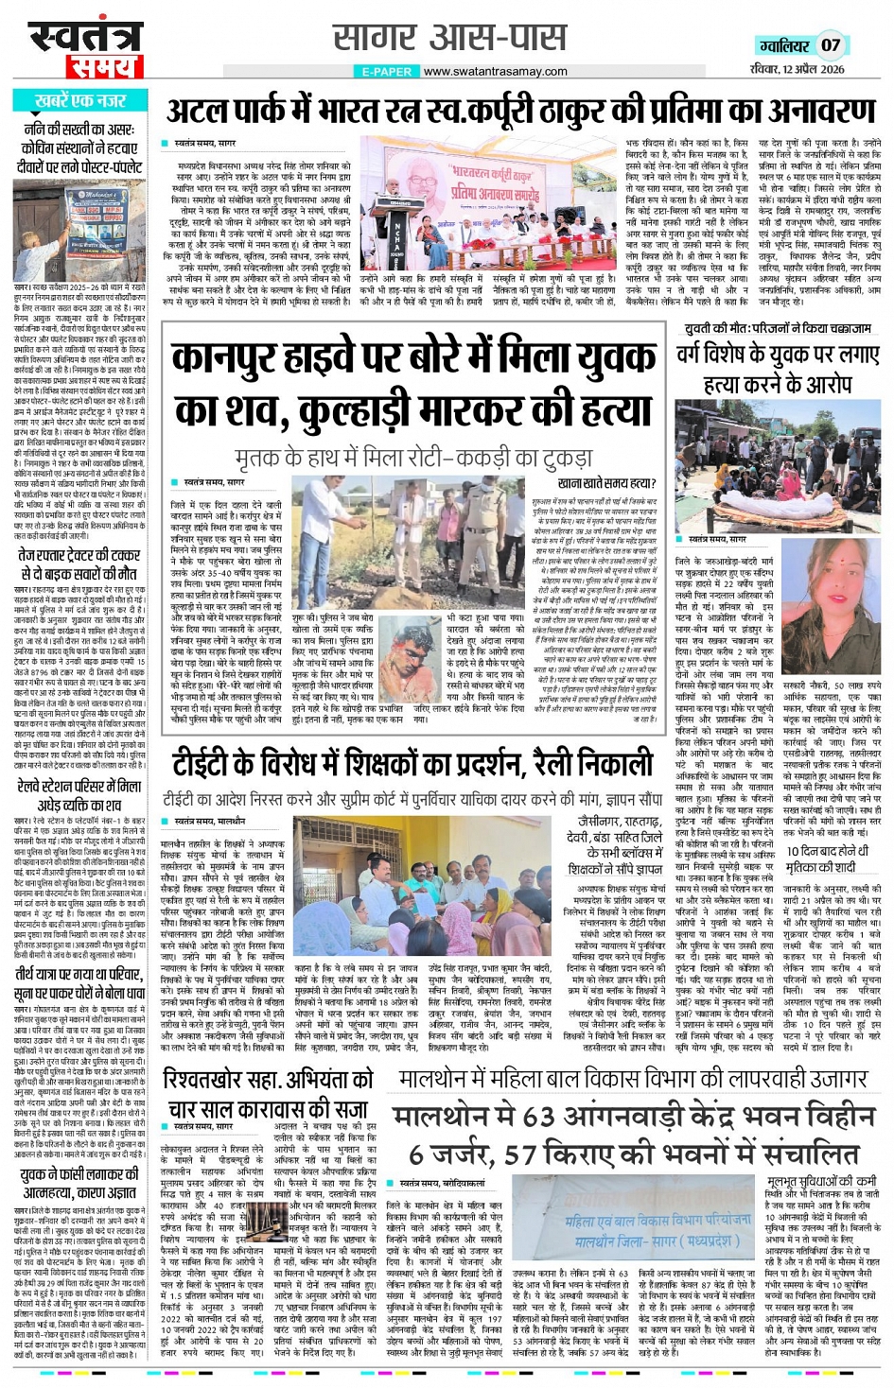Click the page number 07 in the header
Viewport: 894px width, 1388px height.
tap(831, 44)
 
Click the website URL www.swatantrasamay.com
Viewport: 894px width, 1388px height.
tap(496, 71)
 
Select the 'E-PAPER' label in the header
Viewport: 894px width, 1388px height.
tap(387, 71)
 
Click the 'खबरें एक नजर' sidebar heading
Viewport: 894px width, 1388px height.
tap(80, 100)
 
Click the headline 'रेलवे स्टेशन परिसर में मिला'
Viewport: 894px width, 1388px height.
tap(79, 787)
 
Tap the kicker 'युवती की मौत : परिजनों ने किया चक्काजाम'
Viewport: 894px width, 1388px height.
tap(778, 328)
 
